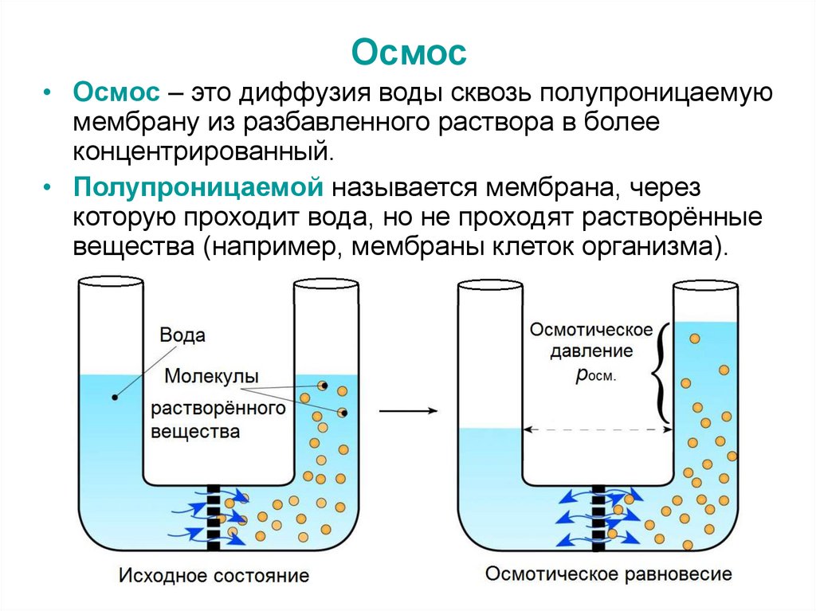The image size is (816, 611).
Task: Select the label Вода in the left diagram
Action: pyautogui.click(x=182, y=334)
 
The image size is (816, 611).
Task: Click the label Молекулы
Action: pyautogui.click(x=211, y=375)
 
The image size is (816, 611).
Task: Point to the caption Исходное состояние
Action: pyautogui.click(x=214, y=575)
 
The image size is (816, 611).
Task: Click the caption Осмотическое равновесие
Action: pyautogui.click(x=608, y=574)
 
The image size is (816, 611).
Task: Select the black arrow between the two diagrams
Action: pyautogui.click(x=408, y=411)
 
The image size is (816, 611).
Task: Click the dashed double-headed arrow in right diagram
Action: pyautogui.click(x=598, y=429)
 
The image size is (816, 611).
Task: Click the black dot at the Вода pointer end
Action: pyautogui.click(x=116, y=397)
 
